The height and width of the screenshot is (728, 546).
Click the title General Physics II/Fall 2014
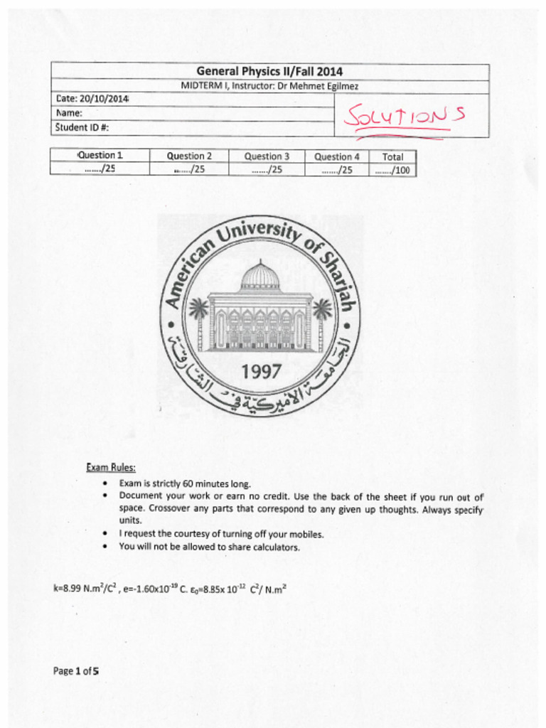pos(269,72)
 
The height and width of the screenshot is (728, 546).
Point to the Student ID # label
pos(81,128)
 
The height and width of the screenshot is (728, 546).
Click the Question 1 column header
pos(100,156)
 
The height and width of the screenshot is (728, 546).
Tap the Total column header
pos(392,156)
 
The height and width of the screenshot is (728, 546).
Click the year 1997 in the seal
pos(261,372)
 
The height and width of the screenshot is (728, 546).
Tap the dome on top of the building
pos(259,276)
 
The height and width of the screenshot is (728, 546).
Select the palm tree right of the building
pos(322,316)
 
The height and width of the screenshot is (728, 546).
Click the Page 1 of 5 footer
pos(75,670)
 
